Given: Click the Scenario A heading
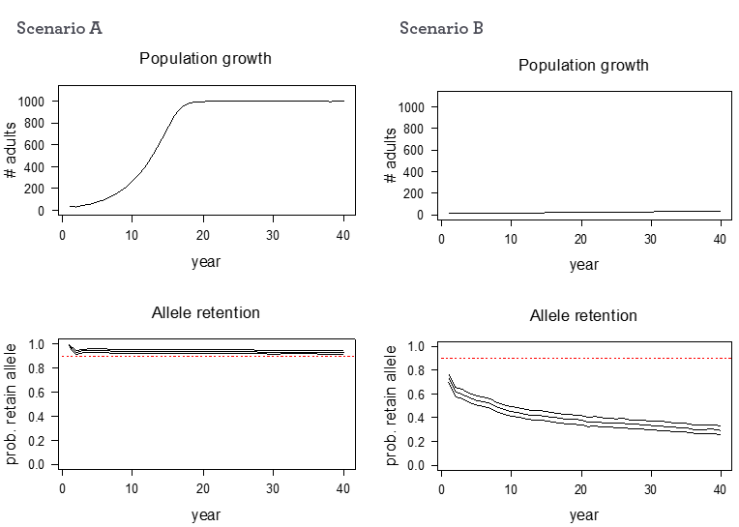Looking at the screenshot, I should coord(59,27).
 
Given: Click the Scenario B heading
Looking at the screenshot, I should coord(441,27).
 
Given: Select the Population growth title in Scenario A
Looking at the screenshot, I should coord(205,58).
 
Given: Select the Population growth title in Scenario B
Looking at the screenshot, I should coord(583,65).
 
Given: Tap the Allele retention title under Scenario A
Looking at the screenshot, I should coord(205,312).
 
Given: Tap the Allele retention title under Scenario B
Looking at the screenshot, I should coord(583,315).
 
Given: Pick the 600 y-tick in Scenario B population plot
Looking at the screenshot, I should coord(420,150).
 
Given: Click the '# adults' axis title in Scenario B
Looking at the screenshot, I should coord(392,160).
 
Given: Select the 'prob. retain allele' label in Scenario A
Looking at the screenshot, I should coord(13,403).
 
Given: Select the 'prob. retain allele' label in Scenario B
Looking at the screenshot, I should coord(392,405).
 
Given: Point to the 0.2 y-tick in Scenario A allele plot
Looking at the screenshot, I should coord(37,440).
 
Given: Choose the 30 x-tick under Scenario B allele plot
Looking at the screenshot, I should coord(650,490).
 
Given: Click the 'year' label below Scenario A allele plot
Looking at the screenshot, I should coord(205,514).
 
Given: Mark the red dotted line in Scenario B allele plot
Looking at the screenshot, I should coord(580,358).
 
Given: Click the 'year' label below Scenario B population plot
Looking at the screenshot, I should coord(583,264).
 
